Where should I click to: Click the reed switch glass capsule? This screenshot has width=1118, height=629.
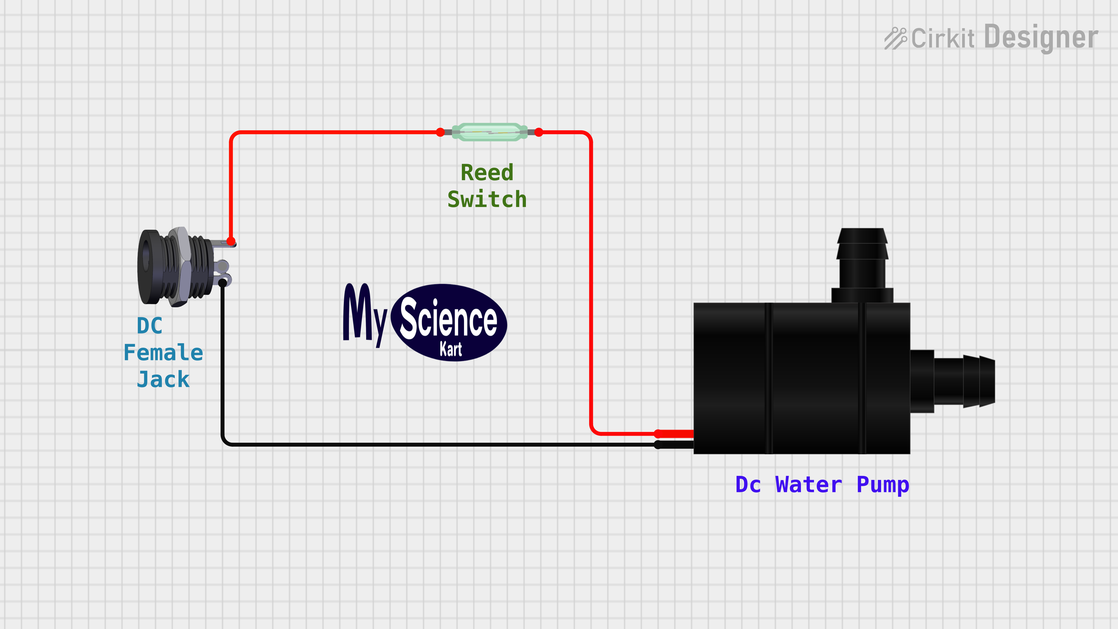(489, 132)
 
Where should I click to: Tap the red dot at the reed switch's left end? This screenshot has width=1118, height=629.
(440, 132)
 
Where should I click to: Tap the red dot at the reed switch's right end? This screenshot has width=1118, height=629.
(538, 132)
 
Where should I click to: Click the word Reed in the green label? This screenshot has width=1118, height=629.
(487, 173)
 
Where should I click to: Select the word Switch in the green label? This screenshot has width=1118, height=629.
(487, 199)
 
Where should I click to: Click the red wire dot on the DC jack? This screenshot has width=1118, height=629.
(231, 241)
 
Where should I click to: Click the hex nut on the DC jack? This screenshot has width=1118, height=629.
(179, 267)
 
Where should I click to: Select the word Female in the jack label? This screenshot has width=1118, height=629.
(163, 353)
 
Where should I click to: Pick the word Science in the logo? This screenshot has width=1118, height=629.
(448, 319)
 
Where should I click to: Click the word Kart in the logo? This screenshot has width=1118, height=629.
(451, 349)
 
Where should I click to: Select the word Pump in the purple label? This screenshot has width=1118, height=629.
(883, 484)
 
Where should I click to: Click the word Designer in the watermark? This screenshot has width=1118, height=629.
(1041, 37)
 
